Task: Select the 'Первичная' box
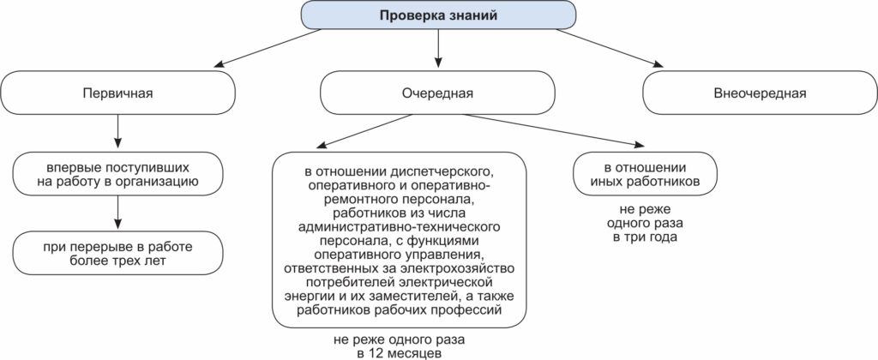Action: pyautogui.click(x=117, y=93)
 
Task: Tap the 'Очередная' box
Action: pyautogui.click(x=438, y=93)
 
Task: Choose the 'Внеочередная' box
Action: pyautogui.click(x=760, y=93)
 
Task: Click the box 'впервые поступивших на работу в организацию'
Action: pyautogui.click(x=117, y=173)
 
